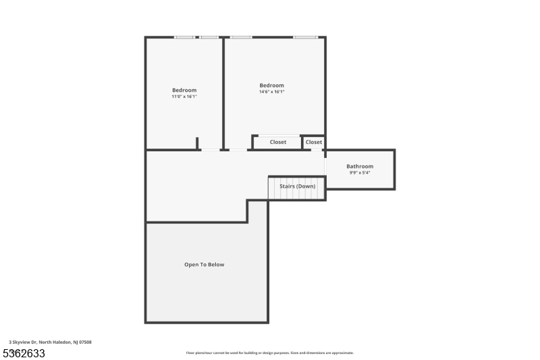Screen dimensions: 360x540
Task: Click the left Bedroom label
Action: click(x=184, y=91)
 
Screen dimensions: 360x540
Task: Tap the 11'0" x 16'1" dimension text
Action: click(x=184, y=97)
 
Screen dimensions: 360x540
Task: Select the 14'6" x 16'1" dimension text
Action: click(x=272, y=92)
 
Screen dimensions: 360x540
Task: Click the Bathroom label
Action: click(x=360, y=166)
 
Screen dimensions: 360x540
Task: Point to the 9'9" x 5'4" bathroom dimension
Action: click(x=360, y=172)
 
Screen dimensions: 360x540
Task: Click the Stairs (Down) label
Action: click(x=297, y=186)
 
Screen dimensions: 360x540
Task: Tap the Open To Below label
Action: click(x=204, y=265)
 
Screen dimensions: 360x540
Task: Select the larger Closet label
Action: click(x=278, y=142)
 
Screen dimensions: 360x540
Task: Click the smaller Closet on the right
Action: click(x=314, y=142)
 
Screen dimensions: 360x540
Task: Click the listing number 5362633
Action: click(x=24, y=353)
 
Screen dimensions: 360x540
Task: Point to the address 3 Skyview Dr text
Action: click(x=50, y=342)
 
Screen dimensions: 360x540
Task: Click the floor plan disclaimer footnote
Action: click(x=269, y=353)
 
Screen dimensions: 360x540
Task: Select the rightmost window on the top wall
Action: click(x=305, y=37)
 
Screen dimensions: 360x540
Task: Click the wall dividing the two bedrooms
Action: click(x=223, y=93)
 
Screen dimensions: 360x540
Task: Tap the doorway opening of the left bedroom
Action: click(x=211, y=149)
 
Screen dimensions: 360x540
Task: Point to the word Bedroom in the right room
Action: click(x=272, y=86)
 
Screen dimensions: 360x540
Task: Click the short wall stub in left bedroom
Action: click(x=197, y=143)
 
